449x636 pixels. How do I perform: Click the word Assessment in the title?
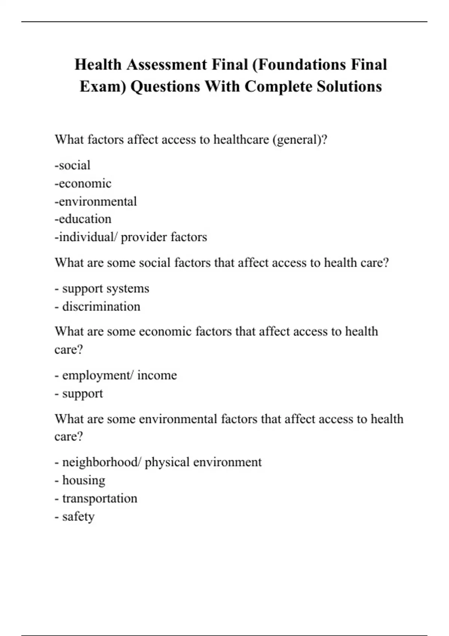(167, 65)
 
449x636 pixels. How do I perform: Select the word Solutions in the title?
(349, 86)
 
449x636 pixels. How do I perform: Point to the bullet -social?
(73, 165)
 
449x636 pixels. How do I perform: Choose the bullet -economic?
(83, 183)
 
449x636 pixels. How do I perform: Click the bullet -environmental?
(96, 201)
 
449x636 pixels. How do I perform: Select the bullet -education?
(83, 219)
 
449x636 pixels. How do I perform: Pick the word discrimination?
(101, 306)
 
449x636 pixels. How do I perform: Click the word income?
(157, 375)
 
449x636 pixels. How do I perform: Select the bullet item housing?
(83, 480)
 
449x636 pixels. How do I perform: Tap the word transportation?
(100, 498)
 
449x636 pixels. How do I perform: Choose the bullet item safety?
(78, 517)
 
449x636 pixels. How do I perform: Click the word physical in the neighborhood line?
(167, 462)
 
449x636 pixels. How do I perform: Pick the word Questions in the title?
(165, 86)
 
